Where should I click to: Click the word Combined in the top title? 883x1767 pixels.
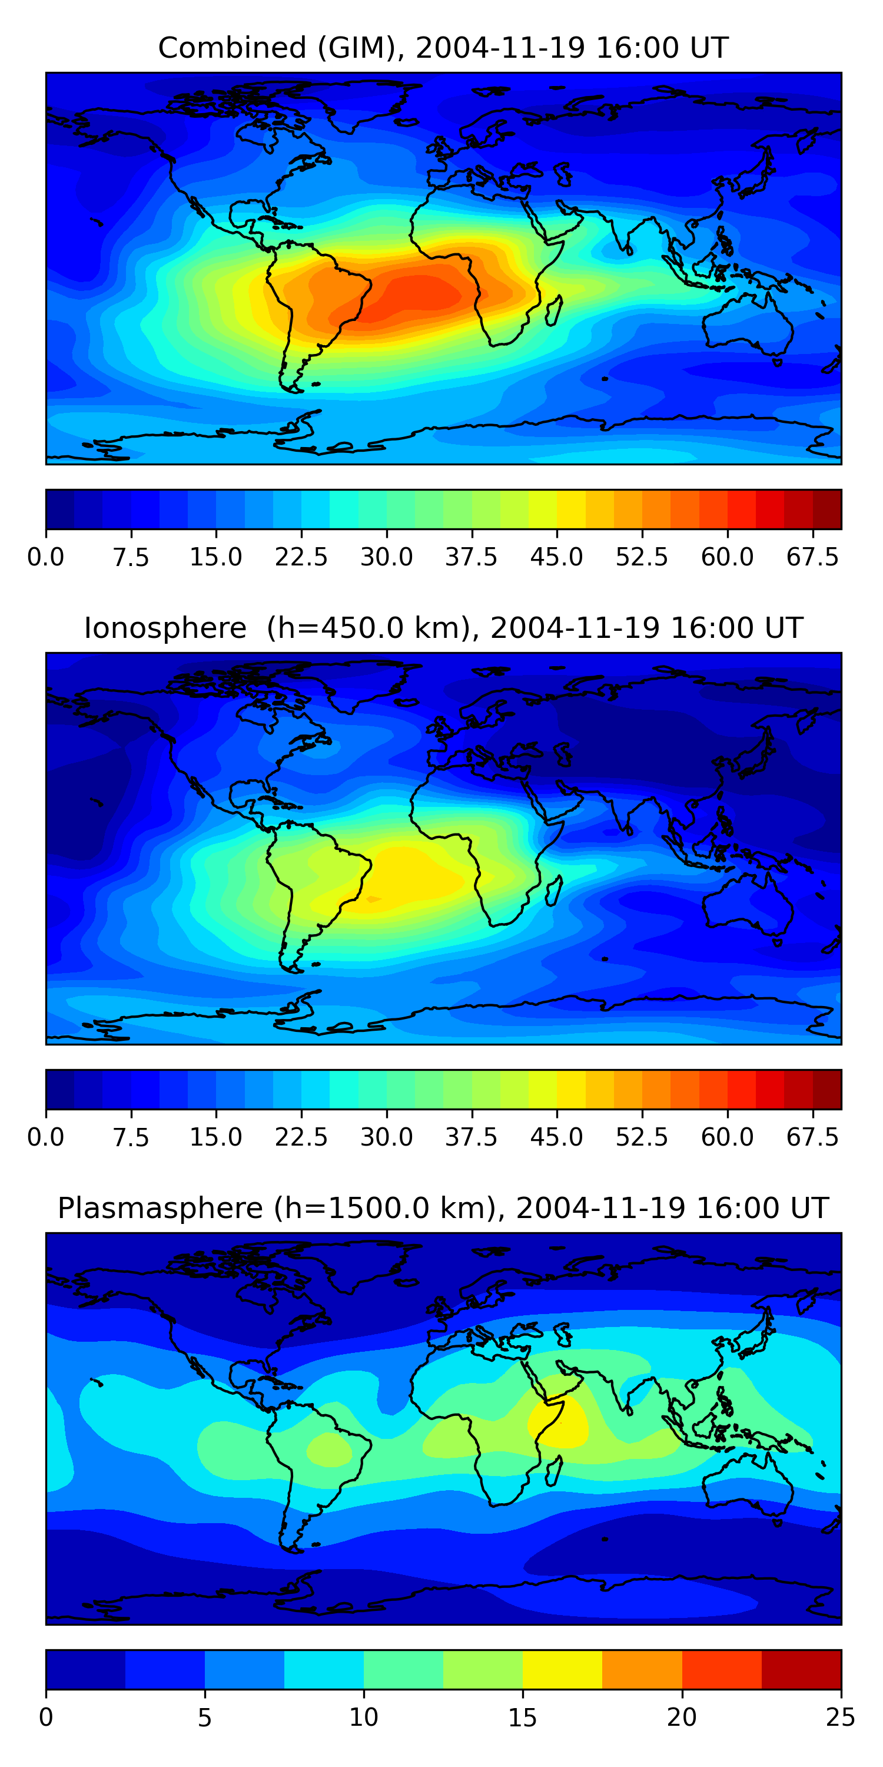[x=233, y=48]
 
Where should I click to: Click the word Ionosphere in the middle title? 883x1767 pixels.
[x=165, y=628]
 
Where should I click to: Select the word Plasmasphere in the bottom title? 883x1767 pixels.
[x=160, y=1209]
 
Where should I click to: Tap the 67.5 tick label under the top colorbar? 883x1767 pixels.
[x=812, y=558]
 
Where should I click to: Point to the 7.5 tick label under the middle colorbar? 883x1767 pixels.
[x=131, y=1138]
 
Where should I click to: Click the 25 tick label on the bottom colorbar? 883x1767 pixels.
[x=841, y=1718]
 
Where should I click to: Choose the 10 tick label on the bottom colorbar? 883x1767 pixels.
[x=363, y=1718]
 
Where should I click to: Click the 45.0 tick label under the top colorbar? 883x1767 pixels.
[x=557, y=558]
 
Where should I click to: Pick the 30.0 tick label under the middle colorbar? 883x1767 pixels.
[x=387, y=1138]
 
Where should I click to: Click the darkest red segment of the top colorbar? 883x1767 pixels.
[x=827, y=509]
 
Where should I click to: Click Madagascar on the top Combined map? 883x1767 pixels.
[x=555, y=310]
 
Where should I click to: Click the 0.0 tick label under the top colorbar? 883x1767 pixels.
[x=46, y=558]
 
